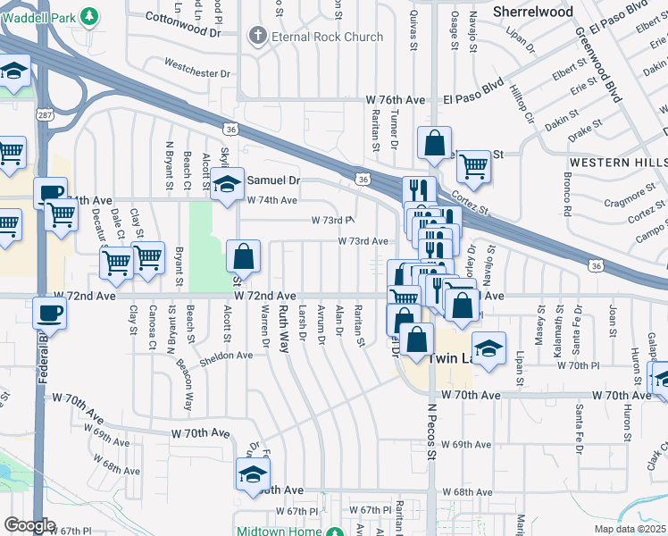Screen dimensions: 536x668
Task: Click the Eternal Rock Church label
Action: coord(328,37)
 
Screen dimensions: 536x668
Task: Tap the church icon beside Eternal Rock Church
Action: coord(257,37)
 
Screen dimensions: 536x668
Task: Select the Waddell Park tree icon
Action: coord(89,15)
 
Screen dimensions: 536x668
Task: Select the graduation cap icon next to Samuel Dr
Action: coord(228,185)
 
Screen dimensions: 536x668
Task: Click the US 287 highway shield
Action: coord(44,116)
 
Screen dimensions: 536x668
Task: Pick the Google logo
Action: coord(30,525)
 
